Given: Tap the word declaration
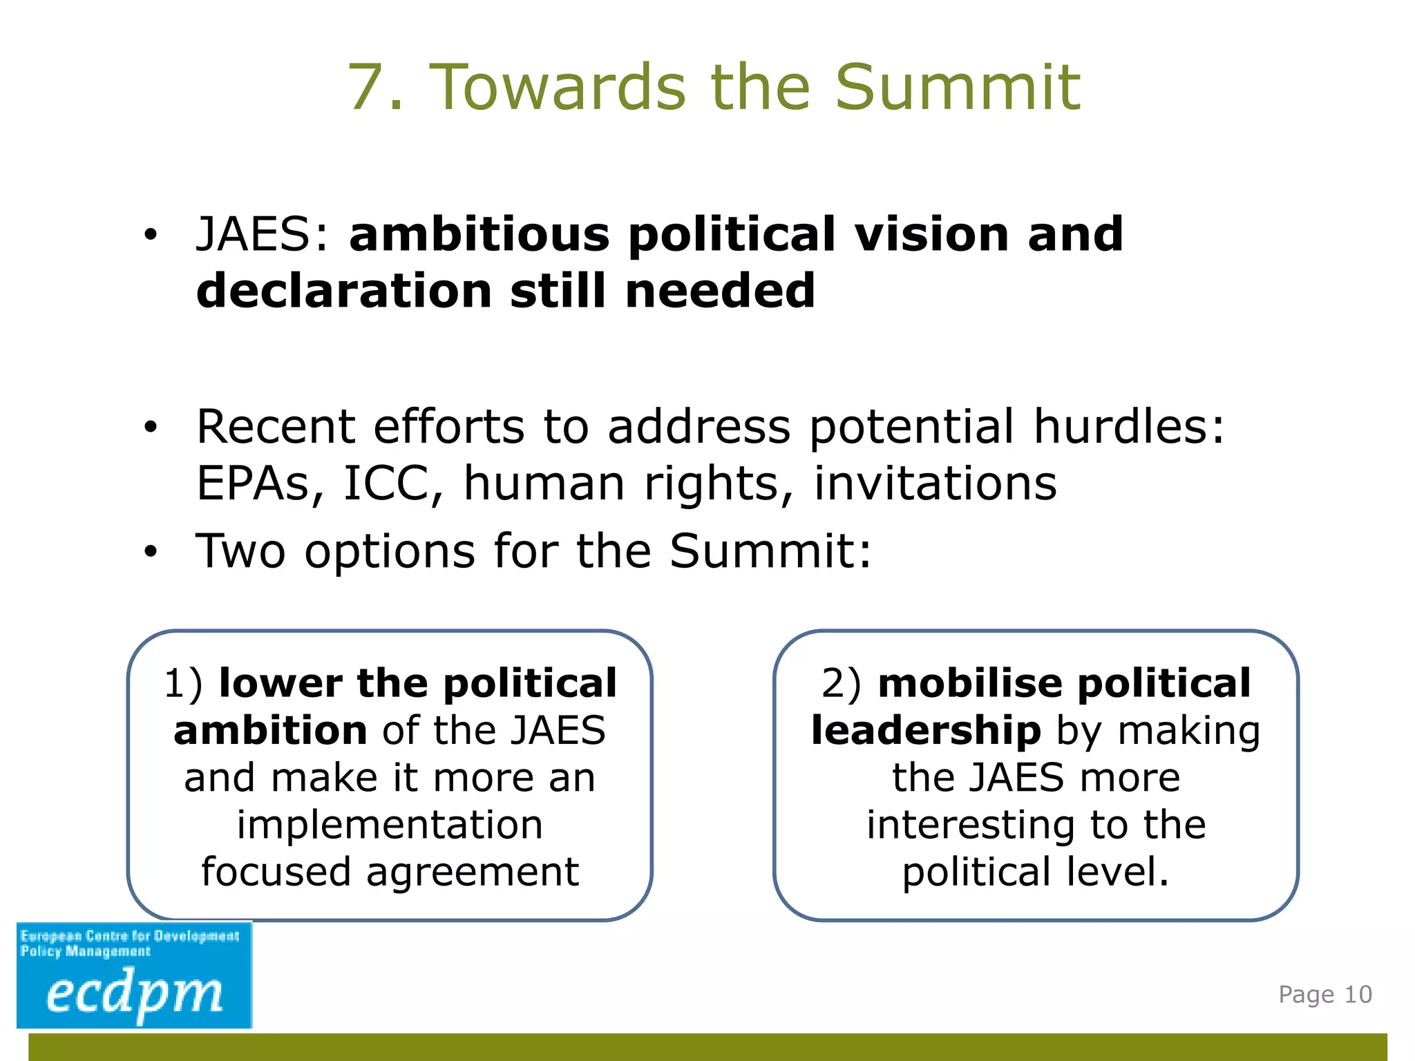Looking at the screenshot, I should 344,291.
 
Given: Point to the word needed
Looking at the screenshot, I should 720,291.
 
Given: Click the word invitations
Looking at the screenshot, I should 935,483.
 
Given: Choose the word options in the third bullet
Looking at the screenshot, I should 390,551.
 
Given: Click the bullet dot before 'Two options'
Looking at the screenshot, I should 151,552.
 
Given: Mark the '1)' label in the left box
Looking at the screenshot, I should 182,684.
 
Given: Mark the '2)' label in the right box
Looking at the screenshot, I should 841,684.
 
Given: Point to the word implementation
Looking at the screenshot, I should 390,825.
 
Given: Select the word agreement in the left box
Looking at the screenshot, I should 473,872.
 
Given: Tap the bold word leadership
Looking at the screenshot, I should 926,731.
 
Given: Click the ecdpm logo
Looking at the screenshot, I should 134,975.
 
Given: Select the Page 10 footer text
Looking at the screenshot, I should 1324,995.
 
